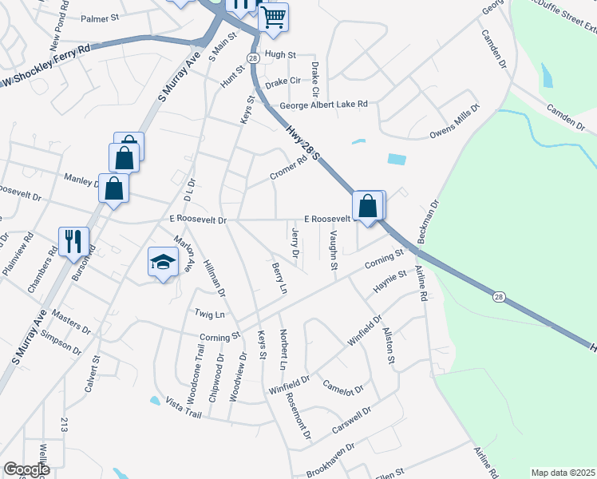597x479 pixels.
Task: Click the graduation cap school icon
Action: pyautogui.click(x=162, y=262)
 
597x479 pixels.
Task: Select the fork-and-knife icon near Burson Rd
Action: pyautogui.click(x=73, y=240)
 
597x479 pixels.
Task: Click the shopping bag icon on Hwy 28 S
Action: pyautogui.click(x=367, y=206)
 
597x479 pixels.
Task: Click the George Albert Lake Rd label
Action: pyautogui.click(x=323, y=105)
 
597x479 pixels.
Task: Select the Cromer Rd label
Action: pyautogui.click(x=288, y=167)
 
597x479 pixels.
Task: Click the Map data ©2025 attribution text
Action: pyautogui.click(x=563, y=473)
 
